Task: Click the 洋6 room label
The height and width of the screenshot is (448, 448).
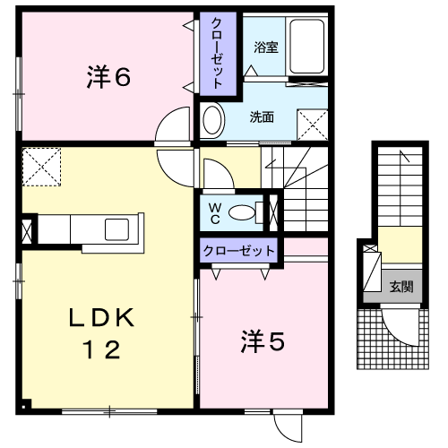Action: [108, 77]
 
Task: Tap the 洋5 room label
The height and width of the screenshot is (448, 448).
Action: [263, 341]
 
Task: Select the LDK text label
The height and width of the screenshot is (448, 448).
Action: [101, 318]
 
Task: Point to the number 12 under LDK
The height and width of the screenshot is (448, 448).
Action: [101, 349]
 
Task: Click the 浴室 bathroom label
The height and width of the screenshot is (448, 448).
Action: [266, 47]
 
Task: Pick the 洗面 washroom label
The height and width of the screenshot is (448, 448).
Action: [262, 117]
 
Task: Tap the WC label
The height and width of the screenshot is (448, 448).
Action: [215, 213]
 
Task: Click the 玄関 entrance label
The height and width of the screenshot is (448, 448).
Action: [401, 287]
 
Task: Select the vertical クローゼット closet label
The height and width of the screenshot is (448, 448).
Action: [217, 53]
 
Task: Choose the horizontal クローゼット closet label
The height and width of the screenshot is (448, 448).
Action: [238, 251]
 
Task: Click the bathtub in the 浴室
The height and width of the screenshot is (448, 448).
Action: [306, 47]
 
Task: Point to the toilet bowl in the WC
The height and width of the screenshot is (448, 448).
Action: [242, 212]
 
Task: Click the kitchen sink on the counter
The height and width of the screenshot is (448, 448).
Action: [116, 229]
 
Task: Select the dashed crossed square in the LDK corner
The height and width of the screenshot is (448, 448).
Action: [41, 167]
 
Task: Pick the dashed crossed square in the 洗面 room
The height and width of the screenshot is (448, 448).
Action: [313, 125]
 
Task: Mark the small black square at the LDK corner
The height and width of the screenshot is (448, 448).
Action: [23, 407]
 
